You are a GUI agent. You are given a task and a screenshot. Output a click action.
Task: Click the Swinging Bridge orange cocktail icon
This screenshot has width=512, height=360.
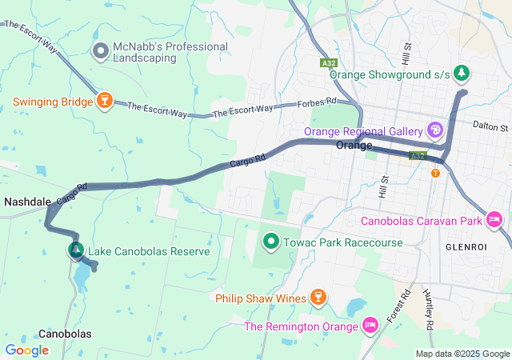click(x=102, y=100)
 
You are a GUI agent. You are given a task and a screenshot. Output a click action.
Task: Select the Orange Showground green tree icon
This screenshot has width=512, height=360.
click(x=461, y=74)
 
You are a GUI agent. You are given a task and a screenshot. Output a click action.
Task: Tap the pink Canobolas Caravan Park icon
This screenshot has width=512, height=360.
click(x=494, y=218)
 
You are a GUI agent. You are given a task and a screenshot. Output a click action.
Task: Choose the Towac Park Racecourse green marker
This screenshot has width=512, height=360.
click(x=271, y=240)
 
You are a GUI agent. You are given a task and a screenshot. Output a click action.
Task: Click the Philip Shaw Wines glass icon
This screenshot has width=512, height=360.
click(x=318, y=298)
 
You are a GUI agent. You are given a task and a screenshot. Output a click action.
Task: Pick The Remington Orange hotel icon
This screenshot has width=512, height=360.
click(x=370, y=325)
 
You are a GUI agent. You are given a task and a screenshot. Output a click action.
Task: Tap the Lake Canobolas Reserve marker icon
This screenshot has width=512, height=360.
click(x=76, y=250)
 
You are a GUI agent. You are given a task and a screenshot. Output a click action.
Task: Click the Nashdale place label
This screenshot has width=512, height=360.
click(x=28, y=202)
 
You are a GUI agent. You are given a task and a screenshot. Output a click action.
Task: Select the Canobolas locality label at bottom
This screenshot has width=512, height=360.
click(x=65, y=334)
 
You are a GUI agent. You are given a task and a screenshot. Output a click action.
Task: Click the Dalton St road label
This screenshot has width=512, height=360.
click(x=490, y=126)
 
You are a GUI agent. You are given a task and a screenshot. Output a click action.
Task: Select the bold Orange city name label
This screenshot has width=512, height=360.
click(x=354, y=146)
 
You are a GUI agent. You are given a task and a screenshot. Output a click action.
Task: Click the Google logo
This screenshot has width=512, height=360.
click(x=26, y=350)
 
